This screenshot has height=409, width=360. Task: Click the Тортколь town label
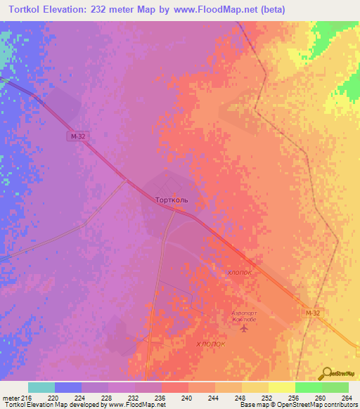(172, 200)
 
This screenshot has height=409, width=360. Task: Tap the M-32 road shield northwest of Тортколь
(78, 137)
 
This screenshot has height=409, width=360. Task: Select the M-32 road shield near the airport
(313, 313)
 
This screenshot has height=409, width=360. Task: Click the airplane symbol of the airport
(244, 327)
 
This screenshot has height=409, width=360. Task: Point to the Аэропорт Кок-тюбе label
(244, 316)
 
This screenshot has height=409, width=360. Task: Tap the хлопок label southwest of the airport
(210, 344)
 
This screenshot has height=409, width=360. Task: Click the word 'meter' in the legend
(11, 398)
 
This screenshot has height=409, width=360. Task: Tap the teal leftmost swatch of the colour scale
(41, 387)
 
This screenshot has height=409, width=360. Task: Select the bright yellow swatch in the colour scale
(281, 387)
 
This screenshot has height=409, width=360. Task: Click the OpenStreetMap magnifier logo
(327, 373)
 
